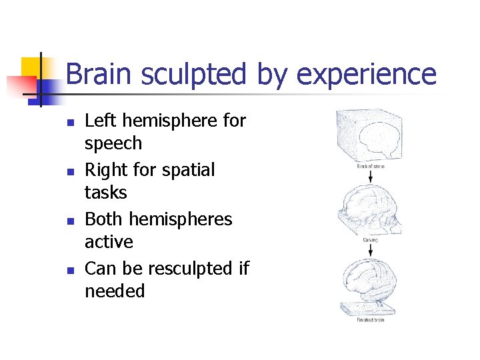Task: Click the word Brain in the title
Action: tap(97, 74)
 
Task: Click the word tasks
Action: tap(105, 193)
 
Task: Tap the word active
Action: tap(109, 242)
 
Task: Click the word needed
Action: tap(115, 291)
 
